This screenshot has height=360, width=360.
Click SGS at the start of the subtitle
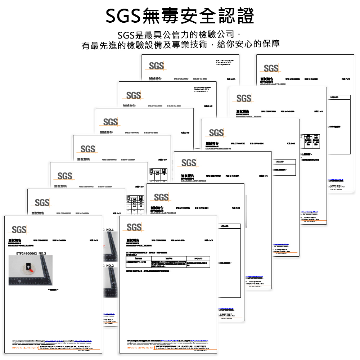point(126,35)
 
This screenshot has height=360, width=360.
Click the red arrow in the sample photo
point(32,269)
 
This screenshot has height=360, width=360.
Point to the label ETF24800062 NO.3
point(31,253)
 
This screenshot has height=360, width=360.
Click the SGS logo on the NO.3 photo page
point(19,229)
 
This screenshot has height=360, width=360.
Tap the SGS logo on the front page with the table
point(134,227)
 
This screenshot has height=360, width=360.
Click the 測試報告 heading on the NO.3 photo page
point(15,240)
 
